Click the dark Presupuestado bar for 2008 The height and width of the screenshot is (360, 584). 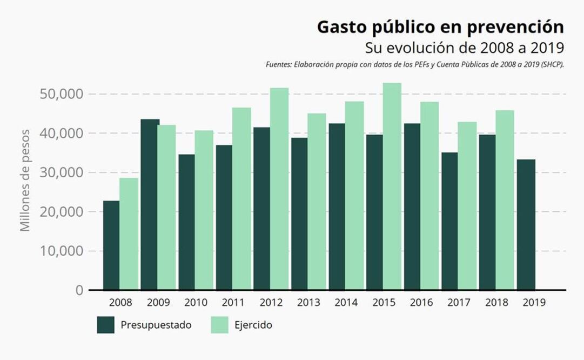(x=111, y=245)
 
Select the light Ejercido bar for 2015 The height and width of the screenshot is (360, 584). (x=392, y=186)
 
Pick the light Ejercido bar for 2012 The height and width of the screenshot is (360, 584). (x=279, y=189)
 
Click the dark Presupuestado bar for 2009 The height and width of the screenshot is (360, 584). (x=150, y=204)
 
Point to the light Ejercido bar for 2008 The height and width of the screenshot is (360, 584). (x=129, y=234)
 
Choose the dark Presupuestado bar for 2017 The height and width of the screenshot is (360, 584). (x=449, y=221)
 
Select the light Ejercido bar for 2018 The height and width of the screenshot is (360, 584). (x=505, y=200)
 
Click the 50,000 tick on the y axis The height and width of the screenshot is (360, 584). (x=61, y=94)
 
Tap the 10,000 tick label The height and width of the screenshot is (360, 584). (x=61, y=251)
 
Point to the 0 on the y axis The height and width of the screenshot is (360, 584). (x=79, y=290)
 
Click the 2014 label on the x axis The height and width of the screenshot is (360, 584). (x=346, y=303)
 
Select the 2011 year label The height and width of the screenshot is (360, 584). (x=233, y=303)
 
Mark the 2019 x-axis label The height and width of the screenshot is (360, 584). (x=534, y=303)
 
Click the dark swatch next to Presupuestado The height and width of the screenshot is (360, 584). (x=106, y=325)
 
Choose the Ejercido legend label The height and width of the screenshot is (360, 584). (x=253, y=325)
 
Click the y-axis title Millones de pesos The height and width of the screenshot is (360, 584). (x=25, y=181)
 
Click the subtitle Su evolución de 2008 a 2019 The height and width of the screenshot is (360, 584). (x=465, y=48)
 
